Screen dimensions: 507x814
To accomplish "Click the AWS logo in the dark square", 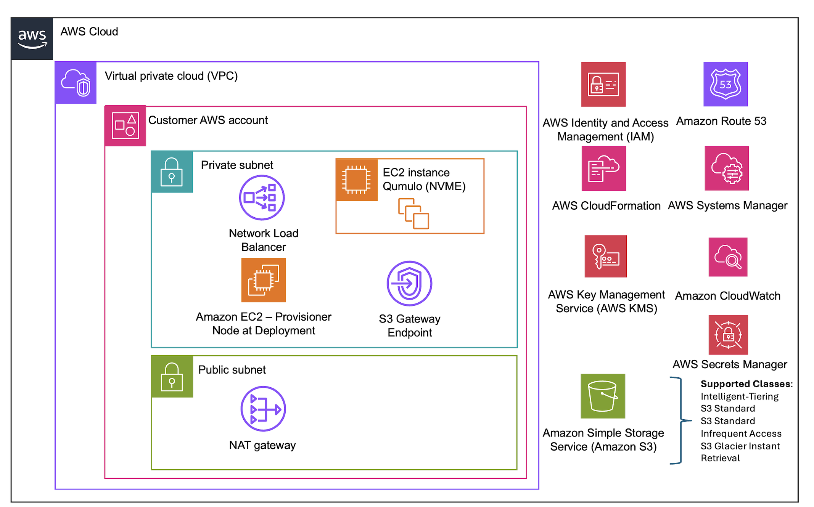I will coord(32,39).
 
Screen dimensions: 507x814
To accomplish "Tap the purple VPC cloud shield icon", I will coord(76,83).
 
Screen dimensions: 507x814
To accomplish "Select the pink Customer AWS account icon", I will coord(125,126).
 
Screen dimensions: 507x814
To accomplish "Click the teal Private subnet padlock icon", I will coord(172,172).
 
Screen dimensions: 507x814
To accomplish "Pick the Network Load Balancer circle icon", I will coord(262,197).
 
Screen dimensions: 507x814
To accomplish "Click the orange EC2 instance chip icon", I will coord(357,180).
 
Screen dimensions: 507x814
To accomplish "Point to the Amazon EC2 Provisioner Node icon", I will coord(264,280).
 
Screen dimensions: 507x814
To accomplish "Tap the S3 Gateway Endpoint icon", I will coord(409,283).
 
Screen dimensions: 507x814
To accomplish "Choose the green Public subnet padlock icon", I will coord(172,377).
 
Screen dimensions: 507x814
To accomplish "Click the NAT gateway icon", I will coord(263,409).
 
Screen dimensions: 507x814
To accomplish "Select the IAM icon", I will coord(603,84).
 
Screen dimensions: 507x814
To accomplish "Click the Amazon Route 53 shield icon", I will coord(725,84).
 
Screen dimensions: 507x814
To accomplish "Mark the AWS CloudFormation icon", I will coord(603,168).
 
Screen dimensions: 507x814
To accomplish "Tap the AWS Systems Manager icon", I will coord(727,168).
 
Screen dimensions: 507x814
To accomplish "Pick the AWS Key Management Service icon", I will coord(605,256).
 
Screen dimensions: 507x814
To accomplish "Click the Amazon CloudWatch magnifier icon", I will coord(728,257).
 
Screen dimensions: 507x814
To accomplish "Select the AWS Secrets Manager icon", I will coord(728,335).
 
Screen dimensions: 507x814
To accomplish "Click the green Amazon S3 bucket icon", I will coord(603,396).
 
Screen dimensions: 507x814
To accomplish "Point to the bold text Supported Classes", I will coord(746,384).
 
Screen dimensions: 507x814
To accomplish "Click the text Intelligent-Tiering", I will coord(739,396).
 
